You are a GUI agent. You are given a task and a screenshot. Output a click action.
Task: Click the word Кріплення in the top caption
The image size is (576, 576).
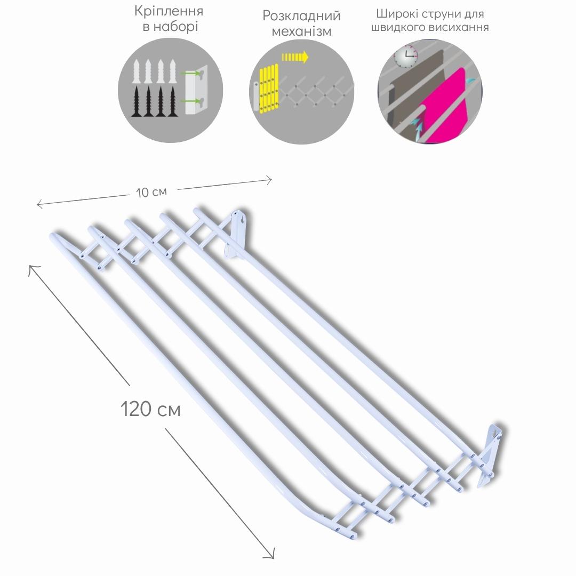pyautogui.click(x=169, y=11)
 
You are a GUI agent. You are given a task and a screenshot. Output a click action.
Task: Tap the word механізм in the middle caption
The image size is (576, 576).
pyautogui.click(x=301, y=31)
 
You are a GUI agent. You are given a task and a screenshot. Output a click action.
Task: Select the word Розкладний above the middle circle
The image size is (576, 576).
pyautogui.click(x=301, y=16)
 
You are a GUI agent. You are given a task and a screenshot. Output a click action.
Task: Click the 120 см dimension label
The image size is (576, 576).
pyautogui.click(x=150, y=409)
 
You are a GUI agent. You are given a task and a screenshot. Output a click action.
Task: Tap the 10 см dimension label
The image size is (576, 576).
pyautogui.click(x=151, y=192)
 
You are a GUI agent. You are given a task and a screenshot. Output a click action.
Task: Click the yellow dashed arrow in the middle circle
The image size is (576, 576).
pyautogui.click(x=295, y=57)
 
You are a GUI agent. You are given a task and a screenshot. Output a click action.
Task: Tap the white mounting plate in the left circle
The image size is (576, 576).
pyautogui.click(x=196, y=90)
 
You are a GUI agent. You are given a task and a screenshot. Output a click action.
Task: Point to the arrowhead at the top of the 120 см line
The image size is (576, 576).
pyautogui.click(x=33, y=269)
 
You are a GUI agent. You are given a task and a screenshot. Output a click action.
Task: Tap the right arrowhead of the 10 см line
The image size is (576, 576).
pyautogui.click(x=268, y=180)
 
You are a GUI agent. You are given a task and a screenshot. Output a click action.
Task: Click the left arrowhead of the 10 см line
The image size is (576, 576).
pyautogui.click(x=39, y=204)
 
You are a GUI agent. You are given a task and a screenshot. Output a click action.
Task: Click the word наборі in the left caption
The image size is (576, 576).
pyautogui.click(x=175, y=27)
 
